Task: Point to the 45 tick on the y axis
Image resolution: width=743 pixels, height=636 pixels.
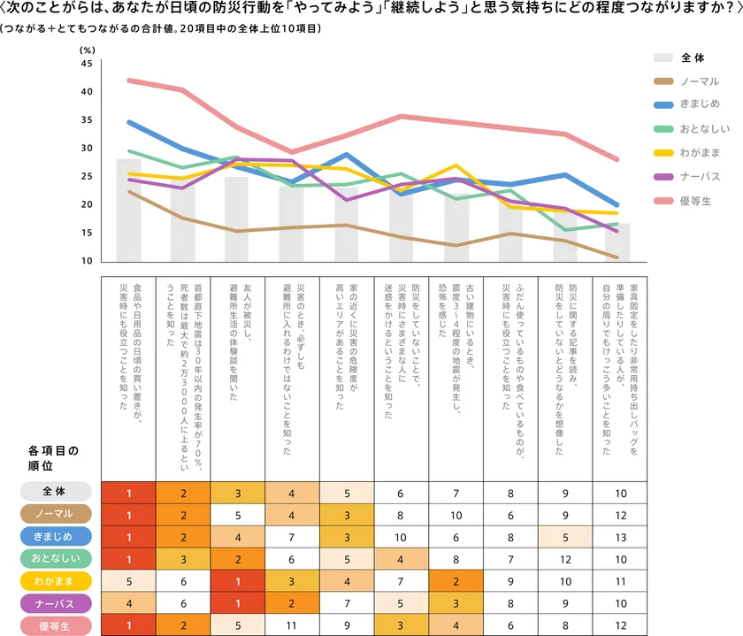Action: click(86, 64)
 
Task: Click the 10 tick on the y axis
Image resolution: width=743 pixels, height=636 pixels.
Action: click(86, 261)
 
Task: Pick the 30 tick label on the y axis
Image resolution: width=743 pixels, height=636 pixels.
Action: click(86, 149)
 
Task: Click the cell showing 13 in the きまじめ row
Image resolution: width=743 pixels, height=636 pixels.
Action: click(620, 536)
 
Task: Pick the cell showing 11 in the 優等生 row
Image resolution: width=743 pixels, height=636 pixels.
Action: click(292, 626)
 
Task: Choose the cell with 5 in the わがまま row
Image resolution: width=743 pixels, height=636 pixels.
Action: click(128, 581)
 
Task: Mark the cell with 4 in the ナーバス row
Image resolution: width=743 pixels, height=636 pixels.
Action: click(128, 603)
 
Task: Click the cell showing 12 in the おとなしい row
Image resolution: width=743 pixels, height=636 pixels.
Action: click(565, 559)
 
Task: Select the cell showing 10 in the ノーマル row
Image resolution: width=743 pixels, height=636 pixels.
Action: click(456, 514)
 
